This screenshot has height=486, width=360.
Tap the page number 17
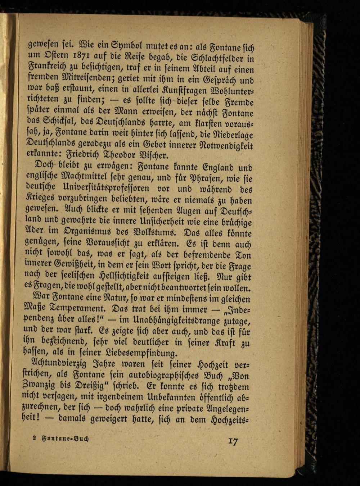(x=233, y=441)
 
